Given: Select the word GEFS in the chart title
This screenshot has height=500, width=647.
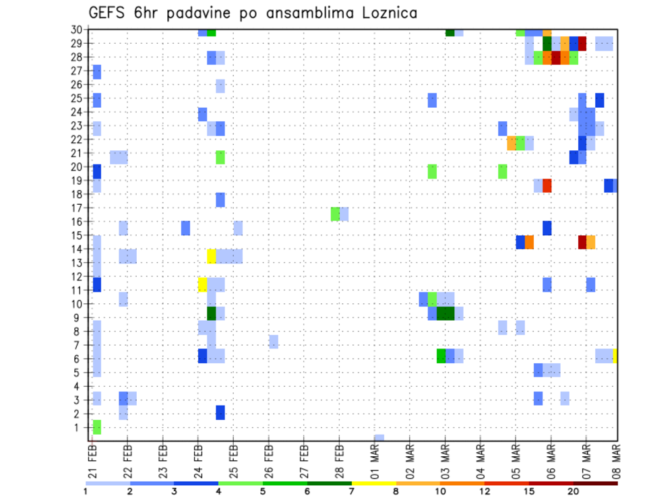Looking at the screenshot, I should coord(109,13).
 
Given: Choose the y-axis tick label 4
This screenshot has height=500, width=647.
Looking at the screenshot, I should coord(78,387).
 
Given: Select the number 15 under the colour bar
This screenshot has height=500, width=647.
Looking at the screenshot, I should coord(528,491).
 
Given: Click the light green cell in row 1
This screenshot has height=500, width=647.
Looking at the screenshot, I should coord(97,427).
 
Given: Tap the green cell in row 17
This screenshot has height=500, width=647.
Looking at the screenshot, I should coord(335,214).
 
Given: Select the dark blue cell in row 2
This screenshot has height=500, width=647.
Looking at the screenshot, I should coord(220,412).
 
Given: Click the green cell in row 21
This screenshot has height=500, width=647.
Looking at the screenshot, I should coord(220,157).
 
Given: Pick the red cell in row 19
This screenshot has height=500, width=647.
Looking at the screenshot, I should coord(547,185).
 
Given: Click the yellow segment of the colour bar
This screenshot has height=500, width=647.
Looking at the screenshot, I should coord(373,482).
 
